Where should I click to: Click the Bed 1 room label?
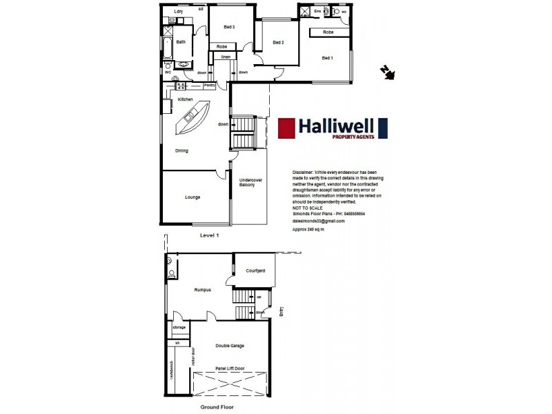click(327, 58)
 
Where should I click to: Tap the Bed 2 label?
click(279, 43)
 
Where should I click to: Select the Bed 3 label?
click(230, 27)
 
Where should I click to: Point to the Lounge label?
click(193, 197)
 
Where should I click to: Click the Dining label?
click(181, 150)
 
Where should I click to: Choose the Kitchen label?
click(185, 100)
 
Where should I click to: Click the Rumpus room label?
click(202, 290)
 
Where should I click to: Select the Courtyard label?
click(255, 271)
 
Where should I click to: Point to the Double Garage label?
click(230, 346)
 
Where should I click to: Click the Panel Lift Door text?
click(230, 368)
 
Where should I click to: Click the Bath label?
click(181, 42)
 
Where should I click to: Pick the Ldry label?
click(179, 12)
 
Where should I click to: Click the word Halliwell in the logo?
click(335, 126)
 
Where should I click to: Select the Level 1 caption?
click(209, 235)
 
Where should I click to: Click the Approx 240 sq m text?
click(308, 228)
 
